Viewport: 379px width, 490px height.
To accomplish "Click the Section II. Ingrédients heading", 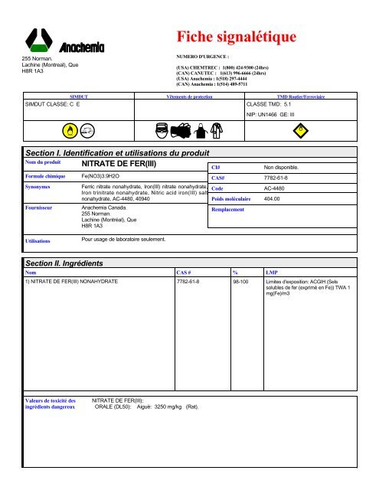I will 75,263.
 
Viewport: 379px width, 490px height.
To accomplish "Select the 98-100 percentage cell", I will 240,282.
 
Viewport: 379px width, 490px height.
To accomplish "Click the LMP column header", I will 272,272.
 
